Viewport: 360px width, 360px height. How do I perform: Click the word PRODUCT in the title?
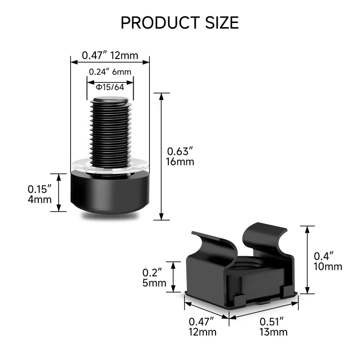click(160, 23)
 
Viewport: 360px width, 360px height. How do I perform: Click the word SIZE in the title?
click(222, 23)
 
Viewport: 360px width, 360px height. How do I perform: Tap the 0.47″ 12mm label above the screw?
click(110, 55)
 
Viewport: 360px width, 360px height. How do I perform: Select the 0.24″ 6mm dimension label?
click(110, 72)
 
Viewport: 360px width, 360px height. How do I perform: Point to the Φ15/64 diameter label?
click(110, 87)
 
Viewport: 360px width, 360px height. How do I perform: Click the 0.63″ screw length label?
click(180, 152)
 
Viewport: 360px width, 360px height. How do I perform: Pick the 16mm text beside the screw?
click(180, 162)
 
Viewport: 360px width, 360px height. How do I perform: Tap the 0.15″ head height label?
click(39, 189)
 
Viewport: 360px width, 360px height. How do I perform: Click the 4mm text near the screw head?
click(40, 199)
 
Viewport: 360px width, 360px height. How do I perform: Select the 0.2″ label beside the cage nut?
click(152, 273)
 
